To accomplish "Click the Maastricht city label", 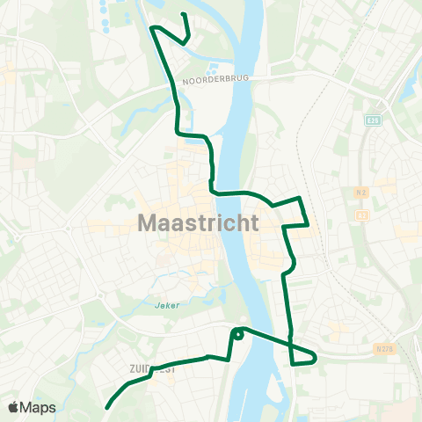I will pyautogui.click(x=198, y=223).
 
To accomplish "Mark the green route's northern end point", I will pyautogui.click(x=182, y=15).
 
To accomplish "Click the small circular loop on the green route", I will pyautogui.click(x=237, y=333).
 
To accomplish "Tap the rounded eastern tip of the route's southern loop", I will pyautogui.click(x=315, y=358).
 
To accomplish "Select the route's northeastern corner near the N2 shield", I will pyautogui.click(x=301, y=198).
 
